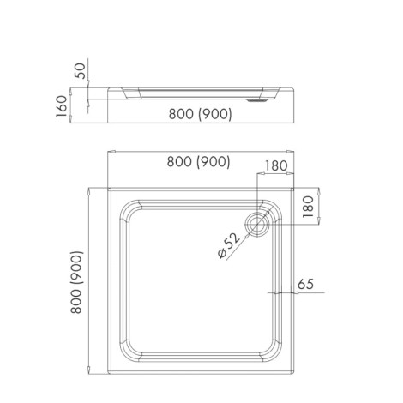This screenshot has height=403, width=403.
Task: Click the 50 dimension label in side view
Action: (x=80, y=70)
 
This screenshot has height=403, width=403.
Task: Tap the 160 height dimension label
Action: (x=62, y=106)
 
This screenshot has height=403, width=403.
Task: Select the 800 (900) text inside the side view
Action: (x=201, y=114)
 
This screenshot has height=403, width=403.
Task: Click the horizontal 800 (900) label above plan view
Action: (x=199, y=162)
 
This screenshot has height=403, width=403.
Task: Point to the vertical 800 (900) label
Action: (x=76, y=282)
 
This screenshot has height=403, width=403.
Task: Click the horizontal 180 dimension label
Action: (x=276, y=165)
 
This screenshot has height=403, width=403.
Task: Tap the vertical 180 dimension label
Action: (x=308, y=207)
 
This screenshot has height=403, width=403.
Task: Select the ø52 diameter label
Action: (x=228, y=245)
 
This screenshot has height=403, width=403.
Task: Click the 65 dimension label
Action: (x=305, y=284)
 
